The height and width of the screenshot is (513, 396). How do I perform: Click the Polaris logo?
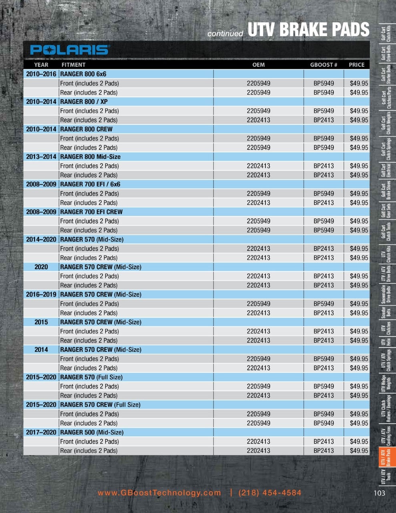[x=69, y=50]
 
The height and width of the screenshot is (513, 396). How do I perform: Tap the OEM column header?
[x=258, y=65]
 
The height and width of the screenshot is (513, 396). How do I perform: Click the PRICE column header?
[x=356, y=65]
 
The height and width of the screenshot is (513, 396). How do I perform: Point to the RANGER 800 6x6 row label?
[x=83, y=74]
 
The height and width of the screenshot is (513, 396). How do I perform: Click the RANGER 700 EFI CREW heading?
[x=91, y=212]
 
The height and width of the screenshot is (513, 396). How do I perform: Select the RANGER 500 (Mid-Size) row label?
[x=92, y=432]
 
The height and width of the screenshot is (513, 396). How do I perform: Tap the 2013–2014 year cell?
[x=41, y=157]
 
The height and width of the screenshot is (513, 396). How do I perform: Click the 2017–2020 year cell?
[x=41, y=432]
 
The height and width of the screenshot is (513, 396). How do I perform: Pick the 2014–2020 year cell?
[x=41, y=240]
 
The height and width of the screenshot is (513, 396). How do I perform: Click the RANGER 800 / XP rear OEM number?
[x=258, y=120]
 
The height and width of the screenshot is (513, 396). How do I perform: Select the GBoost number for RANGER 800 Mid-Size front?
[x=324, y=166]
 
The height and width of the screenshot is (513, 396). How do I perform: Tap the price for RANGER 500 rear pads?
[x=359, y=451]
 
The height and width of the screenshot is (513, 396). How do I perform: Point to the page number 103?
[x=379, y=493]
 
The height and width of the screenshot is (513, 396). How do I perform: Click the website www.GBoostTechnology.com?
[x=159, y=493]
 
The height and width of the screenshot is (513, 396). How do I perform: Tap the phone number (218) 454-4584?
[x=269, y=493]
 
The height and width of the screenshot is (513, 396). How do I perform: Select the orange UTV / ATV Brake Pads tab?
[x=386, y=457]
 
